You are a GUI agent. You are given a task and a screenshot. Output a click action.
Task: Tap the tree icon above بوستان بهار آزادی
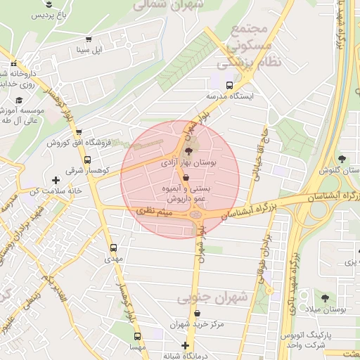[x=188, y=150]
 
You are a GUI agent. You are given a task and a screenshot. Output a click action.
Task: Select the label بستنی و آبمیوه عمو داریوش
[x=186, y=195]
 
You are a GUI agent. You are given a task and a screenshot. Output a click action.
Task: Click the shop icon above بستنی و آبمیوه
[x=185, y=178]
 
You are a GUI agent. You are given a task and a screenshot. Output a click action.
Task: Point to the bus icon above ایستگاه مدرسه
[x=229, y=84]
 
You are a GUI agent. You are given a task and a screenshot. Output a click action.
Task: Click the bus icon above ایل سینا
[x=88, y=39]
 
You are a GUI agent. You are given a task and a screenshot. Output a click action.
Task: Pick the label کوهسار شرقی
[x=84, y=170]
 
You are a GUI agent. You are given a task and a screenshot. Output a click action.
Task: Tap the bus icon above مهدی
[x=113, y=248]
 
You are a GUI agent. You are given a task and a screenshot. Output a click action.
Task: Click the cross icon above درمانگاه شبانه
[x=186, y=345]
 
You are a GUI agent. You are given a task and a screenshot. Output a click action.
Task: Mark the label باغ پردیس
[x=52, y=14]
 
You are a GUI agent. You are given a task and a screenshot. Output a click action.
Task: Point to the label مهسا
[x=138, y=347]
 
